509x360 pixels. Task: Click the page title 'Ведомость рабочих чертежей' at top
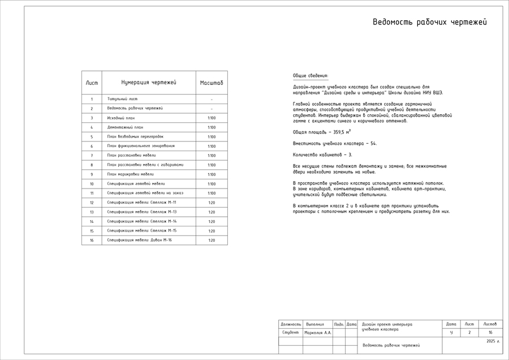[x=429, y=23]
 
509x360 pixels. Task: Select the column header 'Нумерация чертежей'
[x=149, y=83]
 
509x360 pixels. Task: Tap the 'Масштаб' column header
[x=212, y=83]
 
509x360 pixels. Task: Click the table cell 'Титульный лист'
[x=122, y=99]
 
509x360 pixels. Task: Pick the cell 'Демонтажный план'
[x=125, y=127]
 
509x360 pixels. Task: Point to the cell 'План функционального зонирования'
[x=141, y=146]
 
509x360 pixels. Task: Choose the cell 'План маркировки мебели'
[x=130, y=174]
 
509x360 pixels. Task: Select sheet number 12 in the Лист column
[x=92, y=203]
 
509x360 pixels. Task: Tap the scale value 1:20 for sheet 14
[x=212, y=221]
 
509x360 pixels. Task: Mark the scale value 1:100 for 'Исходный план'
[x=212, y=118]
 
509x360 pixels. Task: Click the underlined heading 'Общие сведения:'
[x=310, y=76]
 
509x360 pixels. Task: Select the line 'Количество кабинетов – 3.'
[x=322, y=155]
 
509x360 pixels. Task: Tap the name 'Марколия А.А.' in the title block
[x=318, y=333]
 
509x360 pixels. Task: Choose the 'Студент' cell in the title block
[x=290, y=333]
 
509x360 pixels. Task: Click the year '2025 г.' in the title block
[x=493, y=341]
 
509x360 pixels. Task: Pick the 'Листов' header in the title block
[x=490, y=324]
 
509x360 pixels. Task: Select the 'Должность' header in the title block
[x=291, y=324]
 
